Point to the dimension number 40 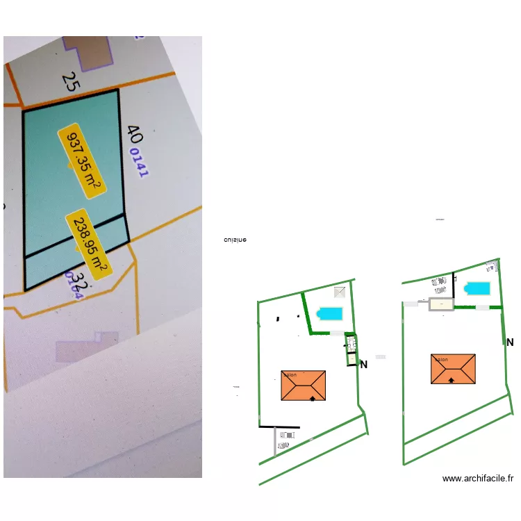point(134,134)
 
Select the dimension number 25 point(69,82)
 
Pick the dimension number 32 point(81,282)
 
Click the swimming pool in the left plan point(330,314)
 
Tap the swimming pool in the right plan point(477,288)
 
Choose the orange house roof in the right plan point(454,369)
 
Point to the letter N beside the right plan point(510,342)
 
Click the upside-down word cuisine point(235,240)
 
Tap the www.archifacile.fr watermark point(478,479)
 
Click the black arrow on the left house point(313,398)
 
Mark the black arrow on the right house point(452,381)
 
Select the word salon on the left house point(289,375)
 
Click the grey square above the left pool point(340,292)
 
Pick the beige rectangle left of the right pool point(440,304)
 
